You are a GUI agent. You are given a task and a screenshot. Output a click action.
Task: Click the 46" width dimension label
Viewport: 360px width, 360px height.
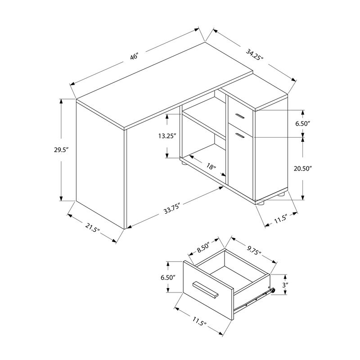[134, 57]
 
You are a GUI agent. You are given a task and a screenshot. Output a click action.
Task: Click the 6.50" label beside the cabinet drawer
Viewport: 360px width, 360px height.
[303, 123]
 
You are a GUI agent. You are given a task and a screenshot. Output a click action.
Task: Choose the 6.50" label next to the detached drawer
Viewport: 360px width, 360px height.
[167, 278]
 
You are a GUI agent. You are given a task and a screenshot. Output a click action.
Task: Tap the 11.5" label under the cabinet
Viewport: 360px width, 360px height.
[280, 219]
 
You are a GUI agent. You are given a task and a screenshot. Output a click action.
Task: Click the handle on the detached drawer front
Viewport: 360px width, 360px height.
[206, 289]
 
